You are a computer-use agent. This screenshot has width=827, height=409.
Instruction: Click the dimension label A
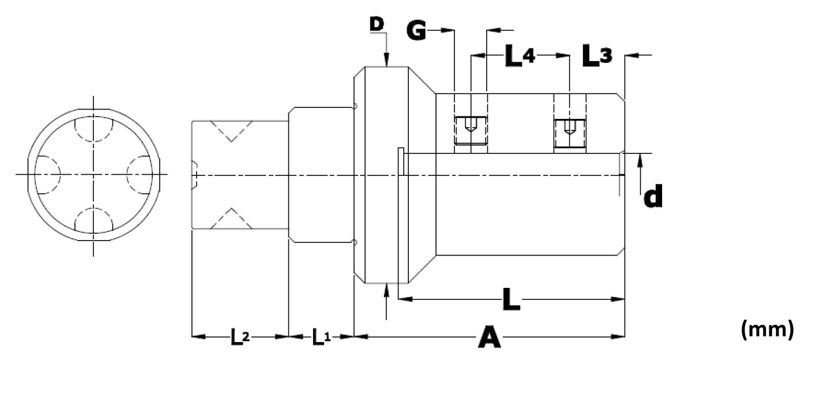click(490, 337)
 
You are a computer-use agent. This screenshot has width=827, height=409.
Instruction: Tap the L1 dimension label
click(321, 337)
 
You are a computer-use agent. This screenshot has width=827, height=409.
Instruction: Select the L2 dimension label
click(240, 337)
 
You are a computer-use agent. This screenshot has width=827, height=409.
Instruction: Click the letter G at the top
click(416, 30)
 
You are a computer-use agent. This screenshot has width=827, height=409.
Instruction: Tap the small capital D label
click(376, 24)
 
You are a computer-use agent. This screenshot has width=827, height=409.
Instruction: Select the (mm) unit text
click(767, 330)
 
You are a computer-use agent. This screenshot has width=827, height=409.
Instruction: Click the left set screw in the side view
click(471, 130)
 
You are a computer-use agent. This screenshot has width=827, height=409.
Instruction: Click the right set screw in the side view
click(570, 133)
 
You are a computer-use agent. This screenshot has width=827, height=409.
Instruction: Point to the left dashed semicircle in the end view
click(47, 174)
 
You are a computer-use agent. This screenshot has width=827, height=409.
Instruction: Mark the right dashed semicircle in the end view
click(140, 174)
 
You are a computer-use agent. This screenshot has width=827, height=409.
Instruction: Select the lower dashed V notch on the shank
click(231, 218)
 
